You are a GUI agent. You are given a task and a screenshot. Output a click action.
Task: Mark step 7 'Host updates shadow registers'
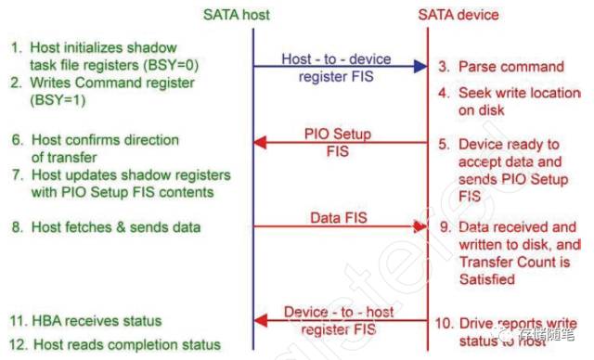pos(121,184)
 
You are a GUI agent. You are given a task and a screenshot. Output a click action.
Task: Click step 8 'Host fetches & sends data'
pos(111,225)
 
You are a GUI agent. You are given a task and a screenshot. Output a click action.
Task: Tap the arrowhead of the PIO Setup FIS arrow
pos(261,142)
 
